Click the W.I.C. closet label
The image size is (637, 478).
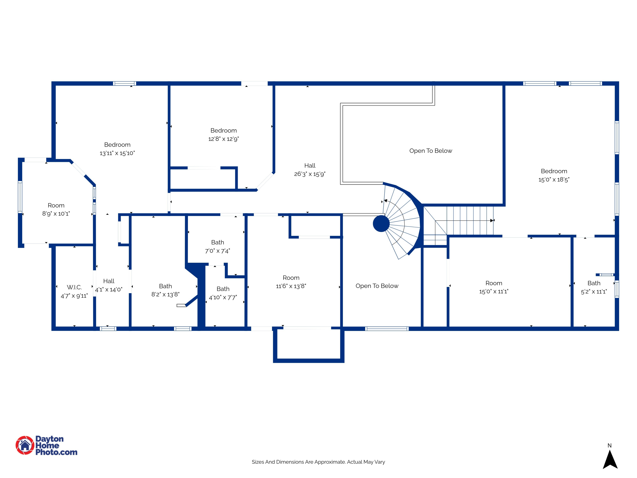(74, 287)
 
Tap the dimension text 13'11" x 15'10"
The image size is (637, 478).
(117, 153)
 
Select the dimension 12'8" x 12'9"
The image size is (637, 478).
(223, 139)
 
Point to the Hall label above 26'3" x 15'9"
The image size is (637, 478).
(310, 165)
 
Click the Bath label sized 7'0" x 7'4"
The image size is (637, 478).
(217, 242)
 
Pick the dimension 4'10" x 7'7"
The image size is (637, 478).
(223, 297)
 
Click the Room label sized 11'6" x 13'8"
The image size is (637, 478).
(291, 278)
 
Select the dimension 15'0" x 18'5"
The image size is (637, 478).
(554, 180)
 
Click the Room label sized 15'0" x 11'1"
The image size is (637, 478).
(494, 283)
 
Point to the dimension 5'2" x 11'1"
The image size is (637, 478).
(594, 292)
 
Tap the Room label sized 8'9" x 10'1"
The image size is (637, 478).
(56, 205)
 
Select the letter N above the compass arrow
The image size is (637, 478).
(610, 445)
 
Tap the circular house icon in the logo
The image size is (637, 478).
(25, 445)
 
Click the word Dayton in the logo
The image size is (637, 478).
(49, 439)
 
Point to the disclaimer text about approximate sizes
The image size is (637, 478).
(318, 462)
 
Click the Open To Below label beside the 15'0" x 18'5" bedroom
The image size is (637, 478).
(431, 151)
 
